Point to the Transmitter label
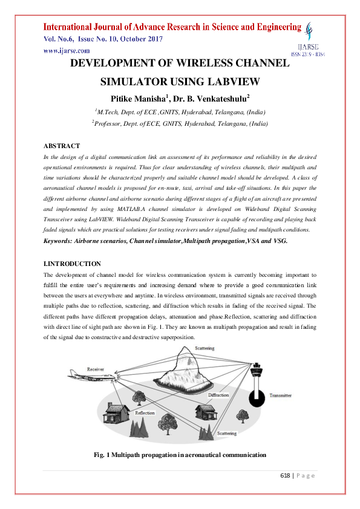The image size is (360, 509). (280, 395)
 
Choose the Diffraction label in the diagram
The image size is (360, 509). (218, 395)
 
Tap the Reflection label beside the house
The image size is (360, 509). (145, 413)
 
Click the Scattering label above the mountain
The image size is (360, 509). (204, 349)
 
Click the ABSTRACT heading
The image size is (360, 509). (62, 146)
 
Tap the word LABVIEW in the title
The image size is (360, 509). (231, 81)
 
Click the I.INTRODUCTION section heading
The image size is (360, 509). (73, 264)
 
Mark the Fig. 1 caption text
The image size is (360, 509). (180, 454)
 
